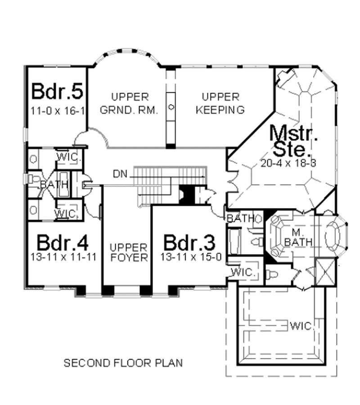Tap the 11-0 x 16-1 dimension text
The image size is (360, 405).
coord(58,110)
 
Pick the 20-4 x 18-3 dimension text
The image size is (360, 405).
coord(288,164)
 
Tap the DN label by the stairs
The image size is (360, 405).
coord(120,173)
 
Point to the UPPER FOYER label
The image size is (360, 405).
coord(129,253)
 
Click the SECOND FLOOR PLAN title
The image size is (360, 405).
coord(123,363)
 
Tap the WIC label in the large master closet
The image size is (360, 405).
coord(301,325)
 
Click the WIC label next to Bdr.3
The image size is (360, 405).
coord(243,273)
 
